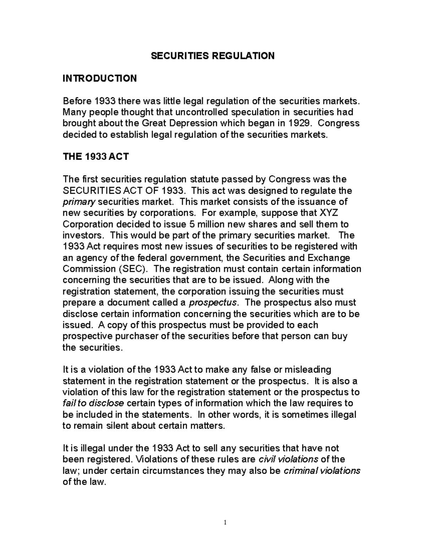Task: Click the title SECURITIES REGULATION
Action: (213, 56)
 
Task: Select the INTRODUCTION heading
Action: (99, 78)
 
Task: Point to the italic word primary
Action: (78, 202)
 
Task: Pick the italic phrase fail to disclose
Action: (93, 403)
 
